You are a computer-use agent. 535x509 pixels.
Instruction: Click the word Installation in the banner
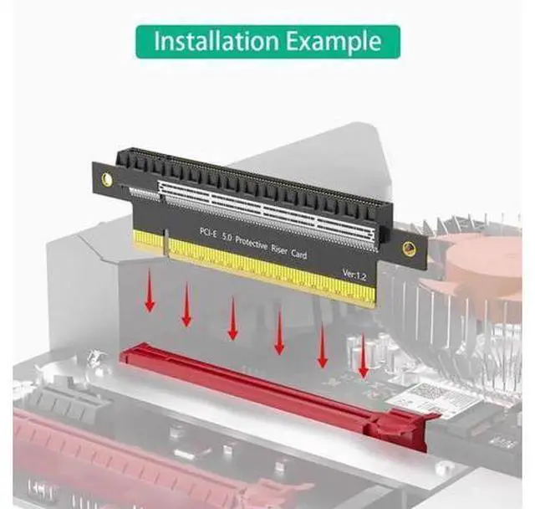pyautogui.click(x=217, y=41)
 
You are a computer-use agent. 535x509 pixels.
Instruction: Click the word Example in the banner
pyautogui.click(x=334, y=42)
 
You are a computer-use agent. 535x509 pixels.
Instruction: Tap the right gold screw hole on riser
pyautogui.click(x=409, y=249)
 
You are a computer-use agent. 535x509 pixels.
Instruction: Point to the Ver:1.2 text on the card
pyautogui.click(x=354, y=274)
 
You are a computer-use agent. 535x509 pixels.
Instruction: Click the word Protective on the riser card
pyautogui.click(x=252, y=244)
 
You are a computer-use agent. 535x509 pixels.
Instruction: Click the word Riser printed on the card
pyautogui.click(x=278, y=249)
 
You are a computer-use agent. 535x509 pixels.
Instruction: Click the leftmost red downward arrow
pyautogui.click(x=150, y=290)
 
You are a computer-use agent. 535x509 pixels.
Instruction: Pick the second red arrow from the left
pyautogui.click(x=186, y=304)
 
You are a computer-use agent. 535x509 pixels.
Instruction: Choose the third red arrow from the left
pyautogui.click(x=232, y=318)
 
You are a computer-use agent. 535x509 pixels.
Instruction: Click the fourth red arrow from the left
pyautogui.click(x=279, y=331)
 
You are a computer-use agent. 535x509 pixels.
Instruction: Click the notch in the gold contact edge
pyautogui.click(x=166, y=242)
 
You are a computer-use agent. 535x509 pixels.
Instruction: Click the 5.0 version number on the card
pyautogui.click(x=227, y=237)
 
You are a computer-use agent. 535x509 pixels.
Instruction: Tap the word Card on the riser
pyautogui.click(x=298, y=254)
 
